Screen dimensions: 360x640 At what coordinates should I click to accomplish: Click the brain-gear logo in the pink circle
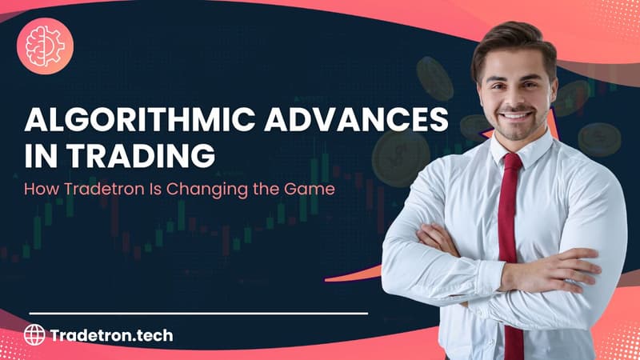pyautogui.click(x=45, y=45)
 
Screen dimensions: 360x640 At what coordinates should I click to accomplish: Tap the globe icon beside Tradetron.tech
pyautogui.click(x=34, y=334)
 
